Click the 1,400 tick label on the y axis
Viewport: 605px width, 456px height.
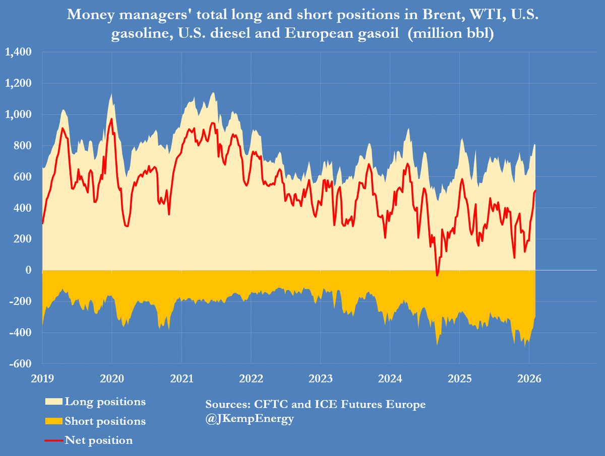(18, 52)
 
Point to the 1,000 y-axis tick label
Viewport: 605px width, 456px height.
(18, 114)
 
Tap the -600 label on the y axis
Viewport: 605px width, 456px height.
(21, 364)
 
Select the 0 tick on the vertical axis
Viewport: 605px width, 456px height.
(29, 270)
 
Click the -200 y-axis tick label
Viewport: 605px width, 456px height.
(21, 301)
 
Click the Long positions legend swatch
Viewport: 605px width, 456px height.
(54, 402)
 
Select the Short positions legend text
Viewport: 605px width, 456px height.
(105, 421)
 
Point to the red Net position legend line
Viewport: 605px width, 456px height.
(54, 441)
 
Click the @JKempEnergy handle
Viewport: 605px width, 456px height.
(250, 419)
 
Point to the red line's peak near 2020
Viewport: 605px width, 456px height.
(111, 119)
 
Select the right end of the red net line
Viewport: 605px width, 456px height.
(535, 191)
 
